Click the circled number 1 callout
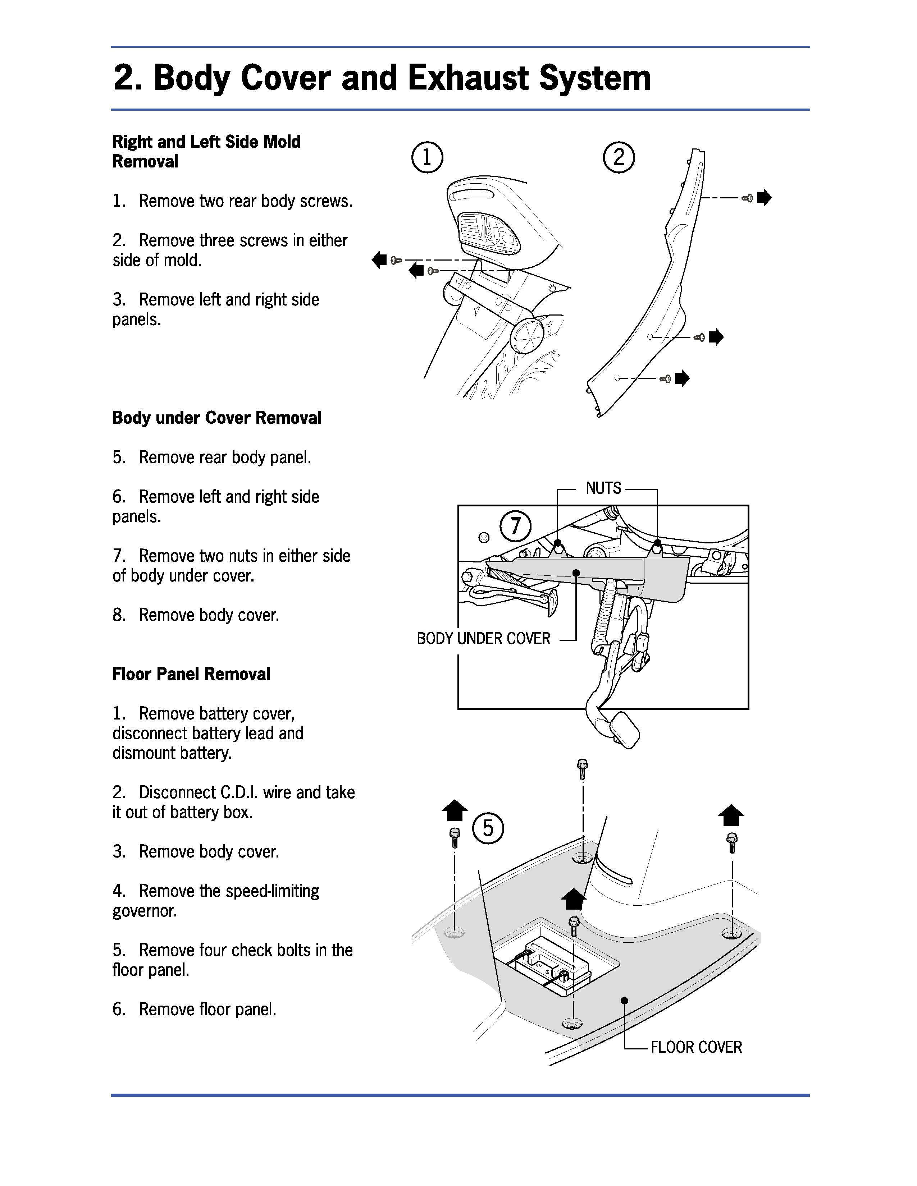427,157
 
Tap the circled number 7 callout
515,526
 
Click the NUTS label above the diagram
603,488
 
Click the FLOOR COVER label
696,1047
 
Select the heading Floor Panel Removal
191,674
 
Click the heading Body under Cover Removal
217,418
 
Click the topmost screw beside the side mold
747,199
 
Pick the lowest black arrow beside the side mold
682,378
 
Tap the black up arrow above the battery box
573,899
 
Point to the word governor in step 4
145,911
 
